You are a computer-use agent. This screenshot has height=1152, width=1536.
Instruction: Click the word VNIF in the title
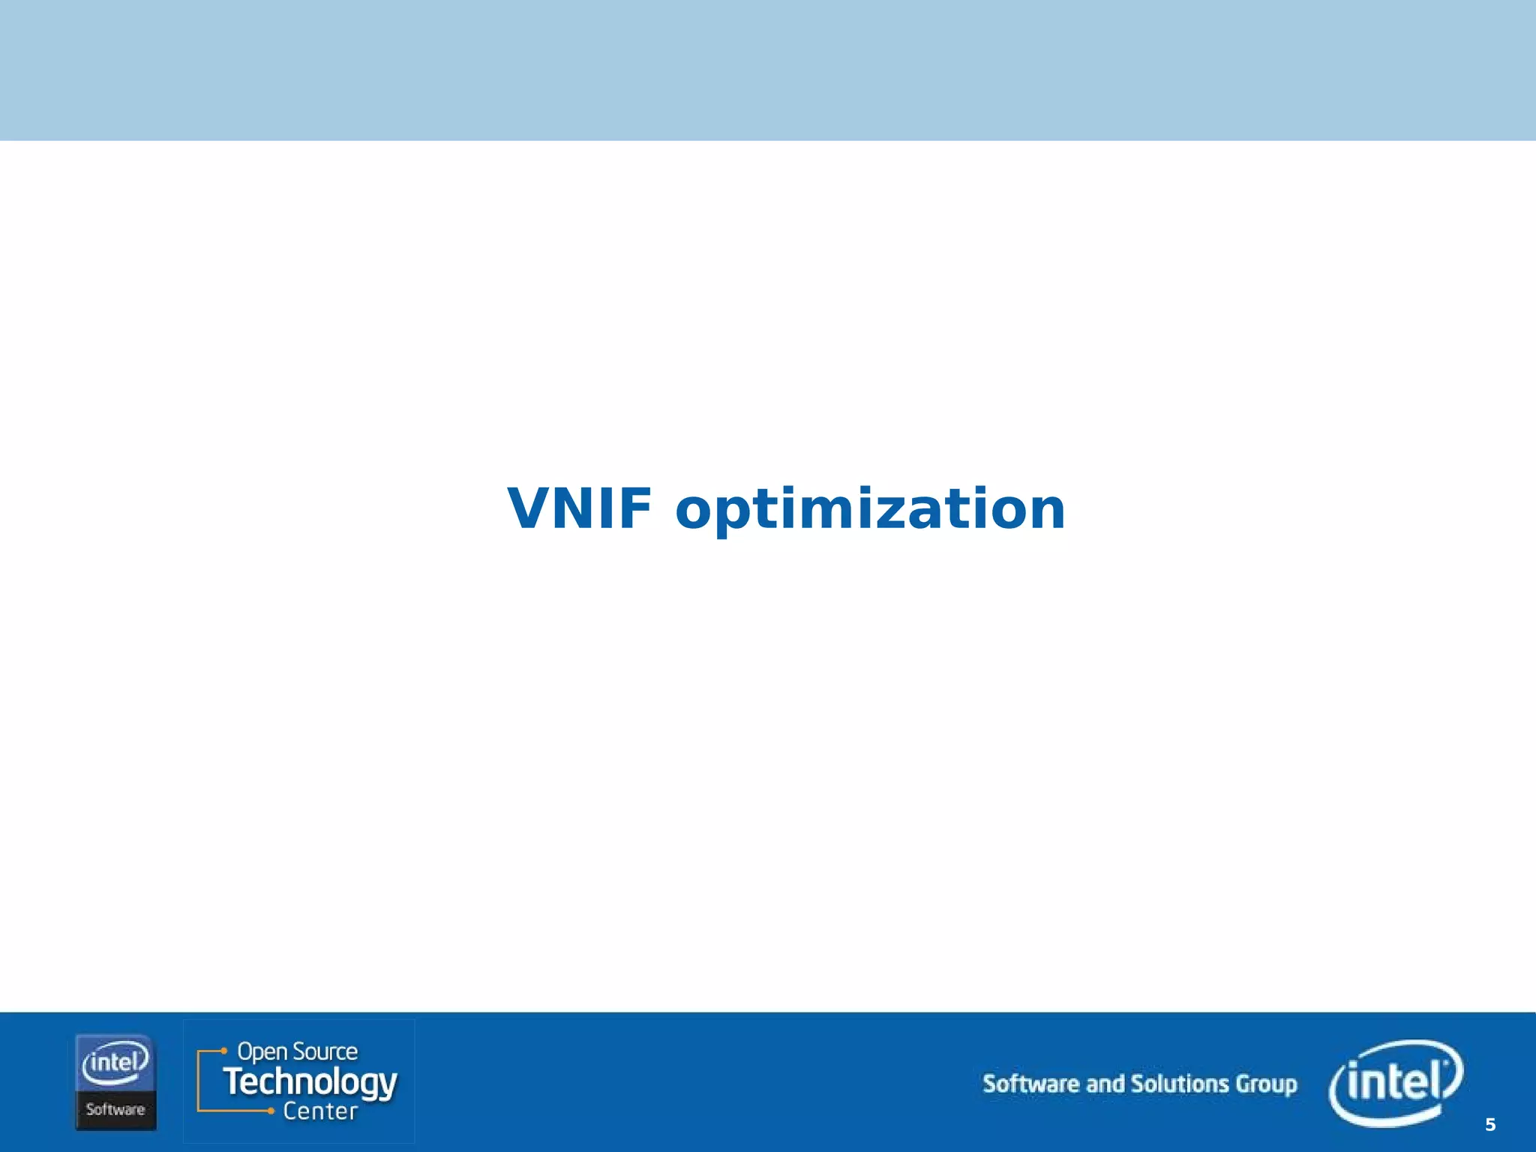tap(579, 508)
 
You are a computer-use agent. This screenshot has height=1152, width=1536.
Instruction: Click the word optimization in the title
tap(870, 510)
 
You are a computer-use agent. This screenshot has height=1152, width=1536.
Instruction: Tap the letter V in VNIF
tap(530, 508)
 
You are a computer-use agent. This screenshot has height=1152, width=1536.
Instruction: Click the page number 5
tap(1490, 1125)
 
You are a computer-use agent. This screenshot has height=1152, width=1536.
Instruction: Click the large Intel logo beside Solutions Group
tap(1395, 1083)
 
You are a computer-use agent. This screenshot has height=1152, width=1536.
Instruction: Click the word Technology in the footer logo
tap(310, 1083)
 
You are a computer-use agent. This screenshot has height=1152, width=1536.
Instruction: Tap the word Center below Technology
tap(320, 1111)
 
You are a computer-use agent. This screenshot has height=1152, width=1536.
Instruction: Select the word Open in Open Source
tap(262, 1052)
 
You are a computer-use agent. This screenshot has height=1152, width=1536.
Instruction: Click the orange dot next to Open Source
tap(223, 1051)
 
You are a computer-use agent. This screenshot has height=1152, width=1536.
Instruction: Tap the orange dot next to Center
tap(271, 1111)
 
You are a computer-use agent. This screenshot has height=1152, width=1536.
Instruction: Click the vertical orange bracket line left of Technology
tap(198, 1081)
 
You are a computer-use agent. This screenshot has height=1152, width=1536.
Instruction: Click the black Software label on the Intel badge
tap(115, 1109)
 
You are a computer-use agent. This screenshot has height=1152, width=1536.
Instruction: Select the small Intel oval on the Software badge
tap(115, 1063)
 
